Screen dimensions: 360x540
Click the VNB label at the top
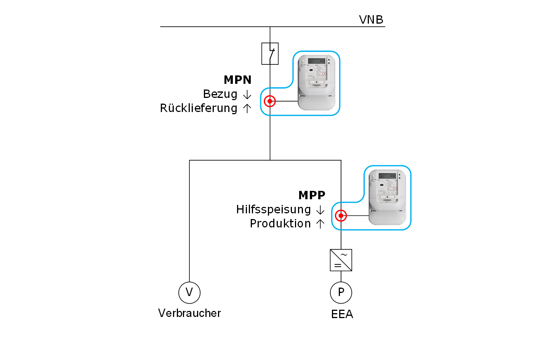pos(371,19)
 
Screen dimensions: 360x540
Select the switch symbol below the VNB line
pos(270,53)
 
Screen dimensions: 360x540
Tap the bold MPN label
pos(237,80)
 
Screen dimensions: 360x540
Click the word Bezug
pos(220,94)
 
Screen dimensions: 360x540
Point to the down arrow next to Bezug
pos(247,95)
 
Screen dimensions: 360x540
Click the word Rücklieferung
pos(199,108)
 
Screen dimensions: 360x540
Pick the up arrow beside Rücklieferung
pos(247,109)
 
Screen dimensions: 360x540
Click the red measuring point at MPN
pos(270,101)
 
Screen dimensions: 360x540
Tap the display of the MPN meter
pos(316,61)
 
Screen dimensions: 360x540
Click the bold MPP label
pos(312,195)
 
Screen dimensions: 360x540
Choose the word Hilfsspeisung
pos(273,210)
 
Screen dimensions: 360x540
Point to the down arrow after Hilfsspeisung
pos(320,210)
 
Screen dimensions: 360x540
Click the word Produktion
pos(280,224)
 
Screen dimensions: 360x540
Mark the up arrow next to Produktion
pos(320,224)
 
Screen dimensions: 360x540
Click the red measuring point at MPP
pos(341,216)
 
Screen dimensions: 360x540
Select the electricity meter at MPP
pos(388,197)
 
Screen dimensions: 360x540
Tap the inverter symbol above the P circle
pos(341,260)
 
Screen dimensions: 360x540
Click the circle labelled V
pos(189,293)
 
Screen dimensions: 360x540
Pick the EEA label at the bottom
pos(342,314)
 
